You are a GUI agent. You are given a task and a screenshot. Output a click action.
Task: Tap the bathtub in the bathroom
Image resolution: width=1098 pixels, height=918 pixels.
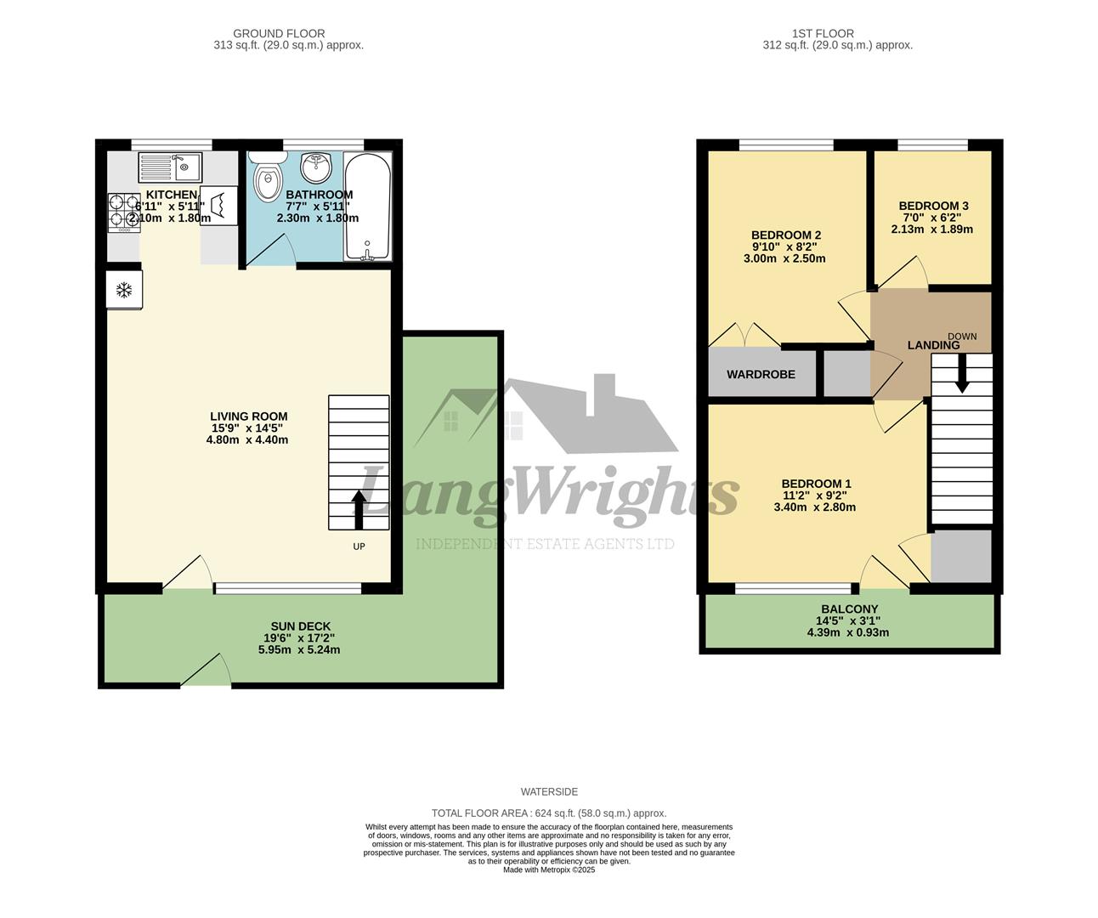[367, 207]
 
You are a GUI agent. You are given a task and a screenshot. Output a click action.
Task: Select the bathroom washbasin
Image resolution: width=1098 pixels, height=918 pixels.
[317, 167]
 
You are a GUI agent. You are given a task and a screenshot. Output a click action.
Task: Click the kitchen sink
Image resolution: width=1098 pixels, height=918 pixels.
[170, 167]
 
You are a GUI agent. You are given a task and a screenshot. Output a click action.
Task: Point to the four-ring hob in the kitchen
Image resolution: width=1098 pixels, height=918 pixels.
[123, 212]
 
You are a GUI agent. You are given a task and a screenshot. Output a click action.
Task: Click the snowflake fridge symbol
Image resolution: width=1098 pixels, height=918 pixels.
[124, 291]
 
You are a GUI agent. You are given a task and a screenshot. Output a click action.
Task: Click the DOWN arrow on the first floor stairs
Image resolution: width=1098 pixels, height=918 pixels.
[961, 374]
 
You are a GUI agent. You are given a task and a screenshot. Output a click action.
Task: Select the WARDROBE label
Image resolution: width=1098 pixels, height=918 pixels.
[761, 374]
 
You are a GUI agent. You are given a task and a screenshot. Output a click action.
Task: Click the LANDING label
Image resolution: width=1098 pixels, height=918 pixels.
[933, 345]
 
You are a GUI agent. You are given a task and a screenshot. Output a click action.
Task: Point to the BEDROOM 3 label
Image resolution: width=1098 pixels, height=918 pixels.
[933, 206]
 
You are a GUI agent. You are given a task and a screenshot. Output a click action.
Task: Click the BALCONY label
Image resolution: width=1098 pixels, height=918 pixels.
[849, 609]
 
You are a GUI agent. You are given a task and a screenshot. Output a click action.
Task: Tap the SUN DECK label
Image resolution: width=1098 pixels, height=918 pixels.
[300, 626]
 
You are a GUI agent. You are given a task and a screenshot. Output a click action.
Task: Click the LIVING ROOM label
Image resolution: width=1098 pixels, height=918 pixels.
[248, 416]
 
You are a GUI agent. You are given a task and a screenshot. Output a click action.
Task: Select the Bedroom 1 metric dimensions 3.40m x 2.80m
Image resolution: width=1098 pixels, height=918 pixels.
[814, 507]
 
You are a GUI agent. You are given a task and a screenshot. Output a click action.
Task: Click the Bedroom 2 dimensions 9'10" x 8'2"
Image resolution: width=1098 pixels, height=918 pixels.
[786, 247]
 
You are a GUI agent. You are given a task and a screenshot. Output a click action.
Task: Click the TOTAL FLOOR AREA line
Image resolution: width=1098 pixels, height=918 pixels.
[549, 813]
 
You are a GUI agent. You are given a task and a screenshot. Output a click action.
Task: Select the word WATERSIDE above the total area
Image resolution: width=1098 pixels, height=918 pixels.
[549, 792]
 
